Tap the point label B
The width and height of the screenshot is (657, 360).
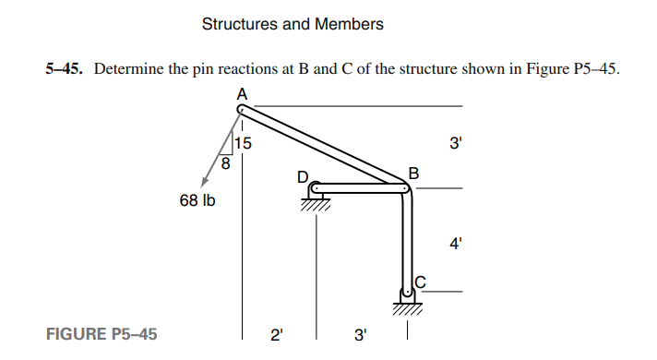point(413,173)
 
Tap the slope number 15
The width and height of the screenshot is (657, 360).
point(243,143)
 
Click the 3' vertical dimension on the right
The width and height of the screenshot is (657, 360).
point(453,145)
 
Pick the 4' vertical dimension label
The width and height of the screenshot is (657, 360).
point(453,245)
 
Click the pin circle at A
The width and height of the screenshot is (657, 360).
point(242,108)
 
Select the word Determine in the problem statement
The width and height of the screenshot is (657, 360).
point(126,69)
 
